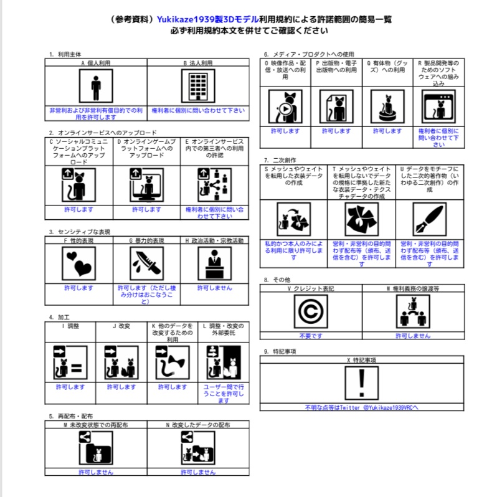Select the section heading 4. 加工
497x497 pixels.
(x=60, y=317)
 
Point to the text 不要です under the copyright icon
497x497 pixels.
(x=310, y=335)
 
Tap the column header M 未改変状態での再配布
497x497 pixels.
(x=96, y=425)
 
